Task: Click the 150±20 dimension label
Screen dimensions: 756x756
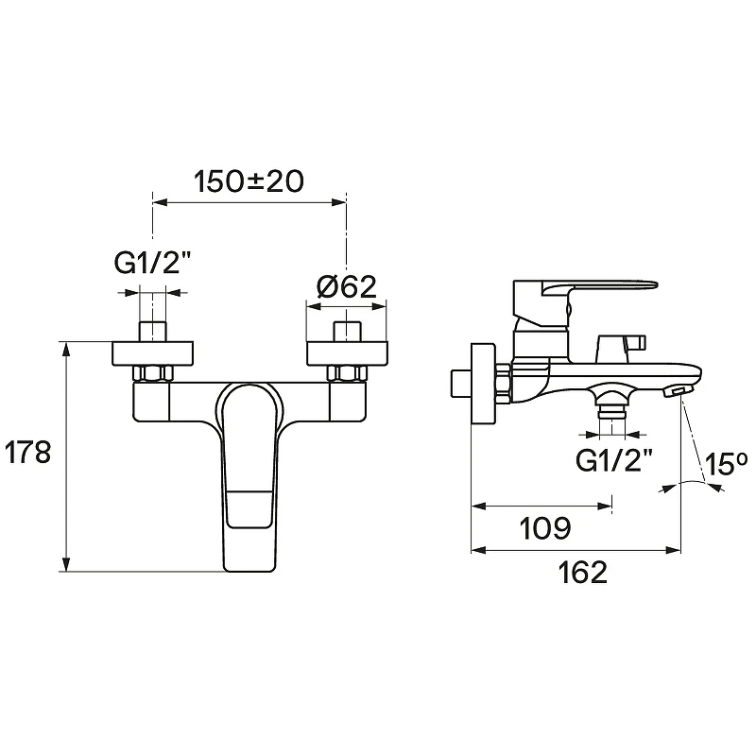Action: click(x=249, y=181)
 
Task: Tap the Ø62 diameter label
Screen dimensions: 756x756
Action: click(x=347, y=287)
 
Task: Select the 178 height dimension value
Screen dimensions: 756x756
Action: click(x=27, y=453)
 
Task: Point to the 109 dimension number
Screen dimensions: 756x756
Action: click(x=545, y=528)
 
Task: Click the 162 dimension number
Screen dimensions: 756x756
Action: click(x=582, y=573)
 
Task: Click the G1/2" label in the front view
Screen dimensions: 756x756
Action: click(x=152, y=263)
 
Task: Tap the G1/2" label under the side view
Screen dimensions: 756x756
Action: click(x=614, y=460)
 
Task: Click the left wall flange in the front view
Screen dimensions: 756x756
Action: click(x=152, y=353)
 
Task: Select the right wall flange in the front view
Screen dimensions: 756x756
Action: click(x=347, y=353)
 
